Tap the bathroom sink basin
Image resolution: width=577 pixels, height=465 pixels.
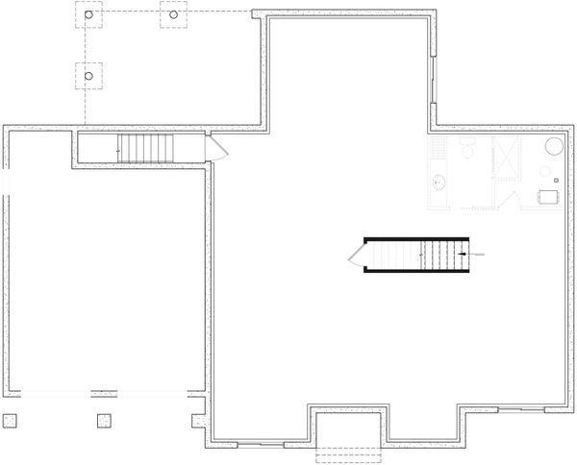(439, 181)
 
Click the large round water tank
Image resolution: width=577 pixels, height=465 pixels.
(556, 146)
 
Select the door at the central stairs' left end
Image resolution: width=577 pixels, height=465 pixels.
(356, 255)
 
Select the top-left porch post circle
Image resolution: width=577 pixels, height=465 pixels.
(88, 16)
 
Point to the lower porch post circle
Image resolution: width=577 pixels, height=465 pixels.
(88, 74)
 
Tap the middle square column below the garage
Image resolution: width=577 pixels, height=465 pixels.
(104, 419)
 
